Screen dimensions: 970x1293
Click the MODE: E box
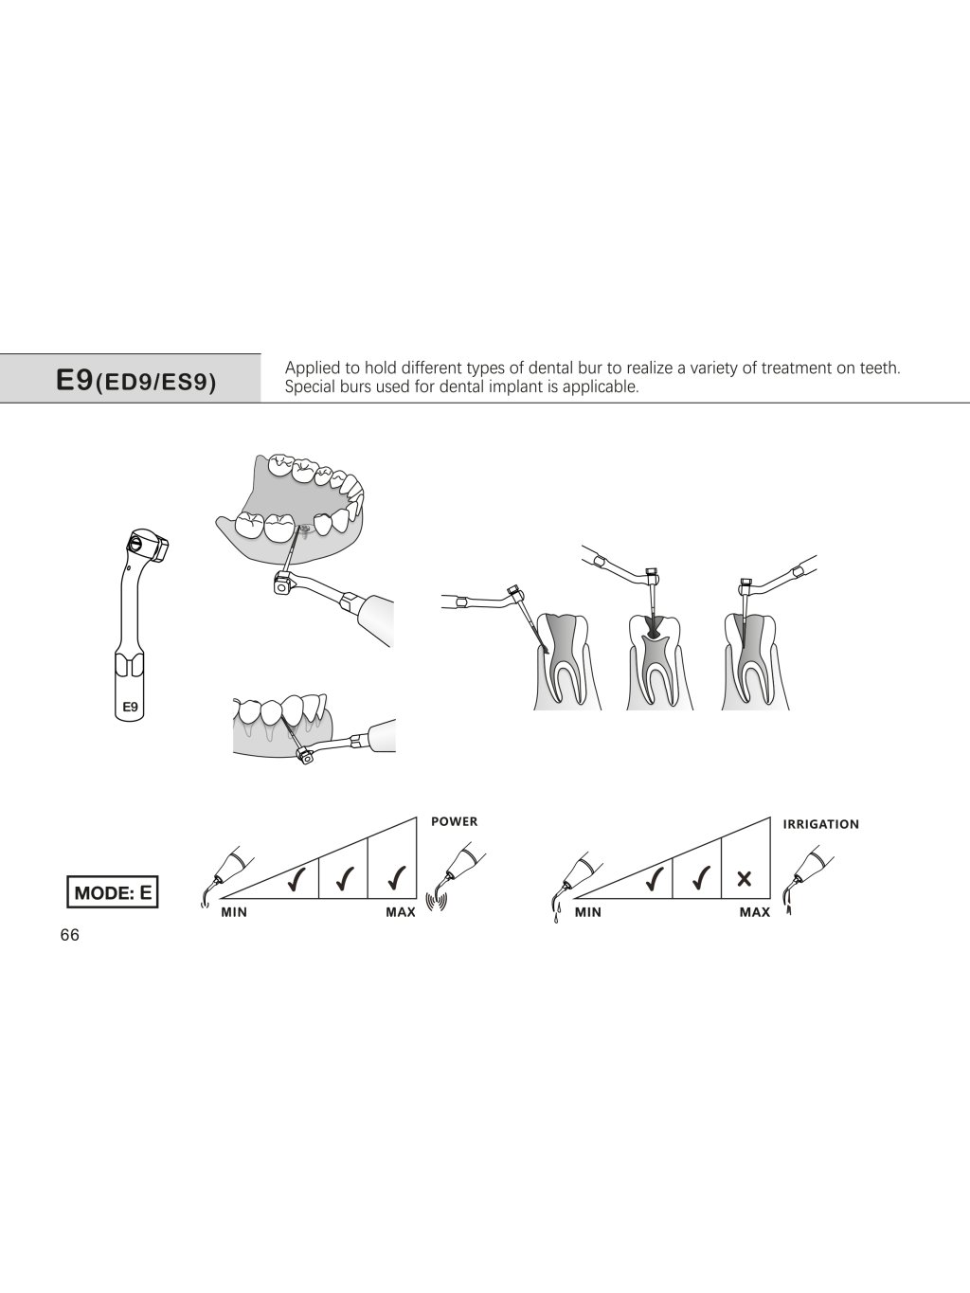coord(113,892)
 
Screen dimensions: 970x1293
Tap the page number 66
coord(69,936)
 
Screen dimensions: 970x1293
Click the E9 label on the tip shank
coord(130,707)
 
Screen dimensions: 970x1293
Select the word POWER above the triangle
coord(454,822)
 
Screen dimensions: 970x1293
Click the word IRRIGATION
coord(820,825)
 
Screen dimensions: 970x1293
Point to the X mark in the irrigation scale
coord(745,879)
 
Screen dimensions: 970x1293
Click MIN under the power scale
coord(234,912)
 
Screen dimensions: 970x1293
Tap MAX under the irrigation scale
coord(754,912)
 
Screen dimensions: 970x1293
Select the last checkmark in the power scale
coord(397,878)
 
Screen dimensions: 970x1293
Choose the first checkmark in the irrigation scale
coord(654,878)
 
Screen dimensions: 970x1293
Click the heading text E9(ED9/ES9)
coord(136,381)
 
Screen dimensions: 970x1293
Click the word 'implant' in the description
coord(526,387)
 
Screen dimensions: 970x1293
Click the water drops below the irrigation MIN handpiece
coord(557,913)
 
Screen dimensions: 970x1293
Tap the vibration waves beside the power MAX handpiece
coord(437,903)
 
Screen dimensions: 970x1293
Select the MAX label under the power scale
coord(401,912)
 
